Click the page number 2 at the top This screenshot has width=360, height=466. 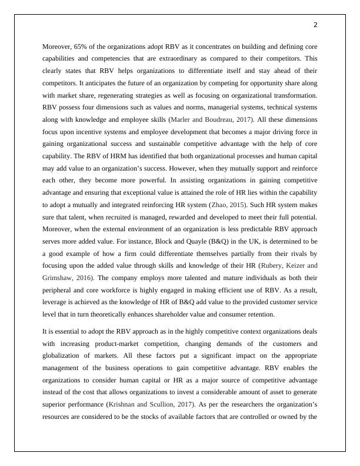(x=315, y=25)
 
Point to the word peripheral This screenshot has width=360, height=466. (x=59, y=293)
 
